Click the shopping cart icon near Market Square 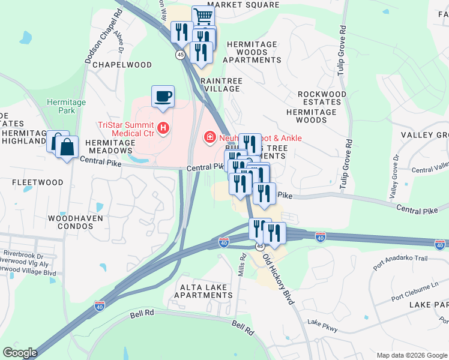[203, 16]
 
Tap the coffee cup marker [163, 97]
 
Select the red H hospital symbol [162, 128]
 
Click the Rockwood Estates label [322, 98]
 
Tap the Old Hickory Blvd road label [279, 280]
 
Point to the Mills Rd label [243, 263]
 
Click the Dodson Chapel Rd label [99, 46]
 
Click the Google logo [20, 353]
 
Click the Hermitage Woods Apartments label [252, 52]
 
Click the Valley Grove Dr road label [394, 178]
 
